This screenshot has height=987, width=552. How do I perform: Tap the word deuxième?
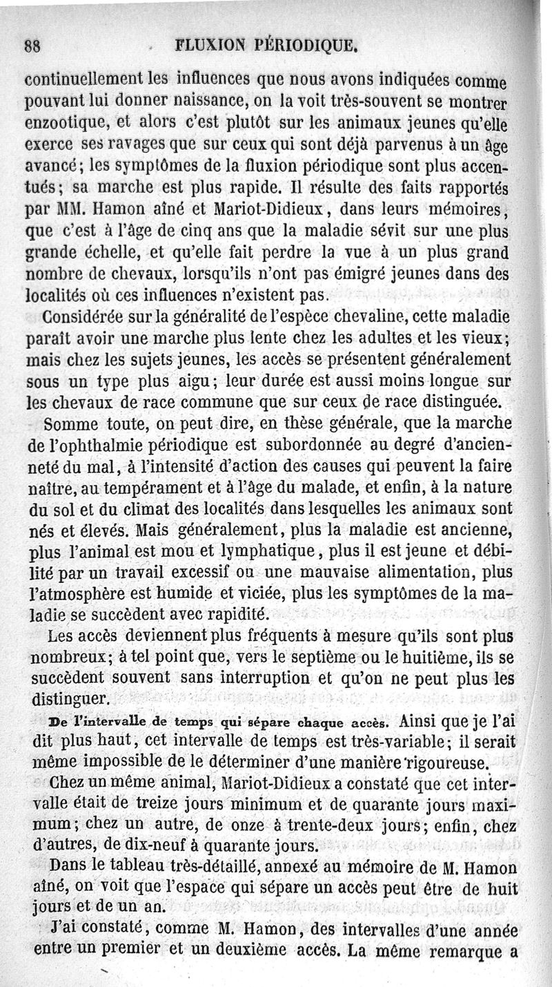pyautogui.click(x=263, y=951)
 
